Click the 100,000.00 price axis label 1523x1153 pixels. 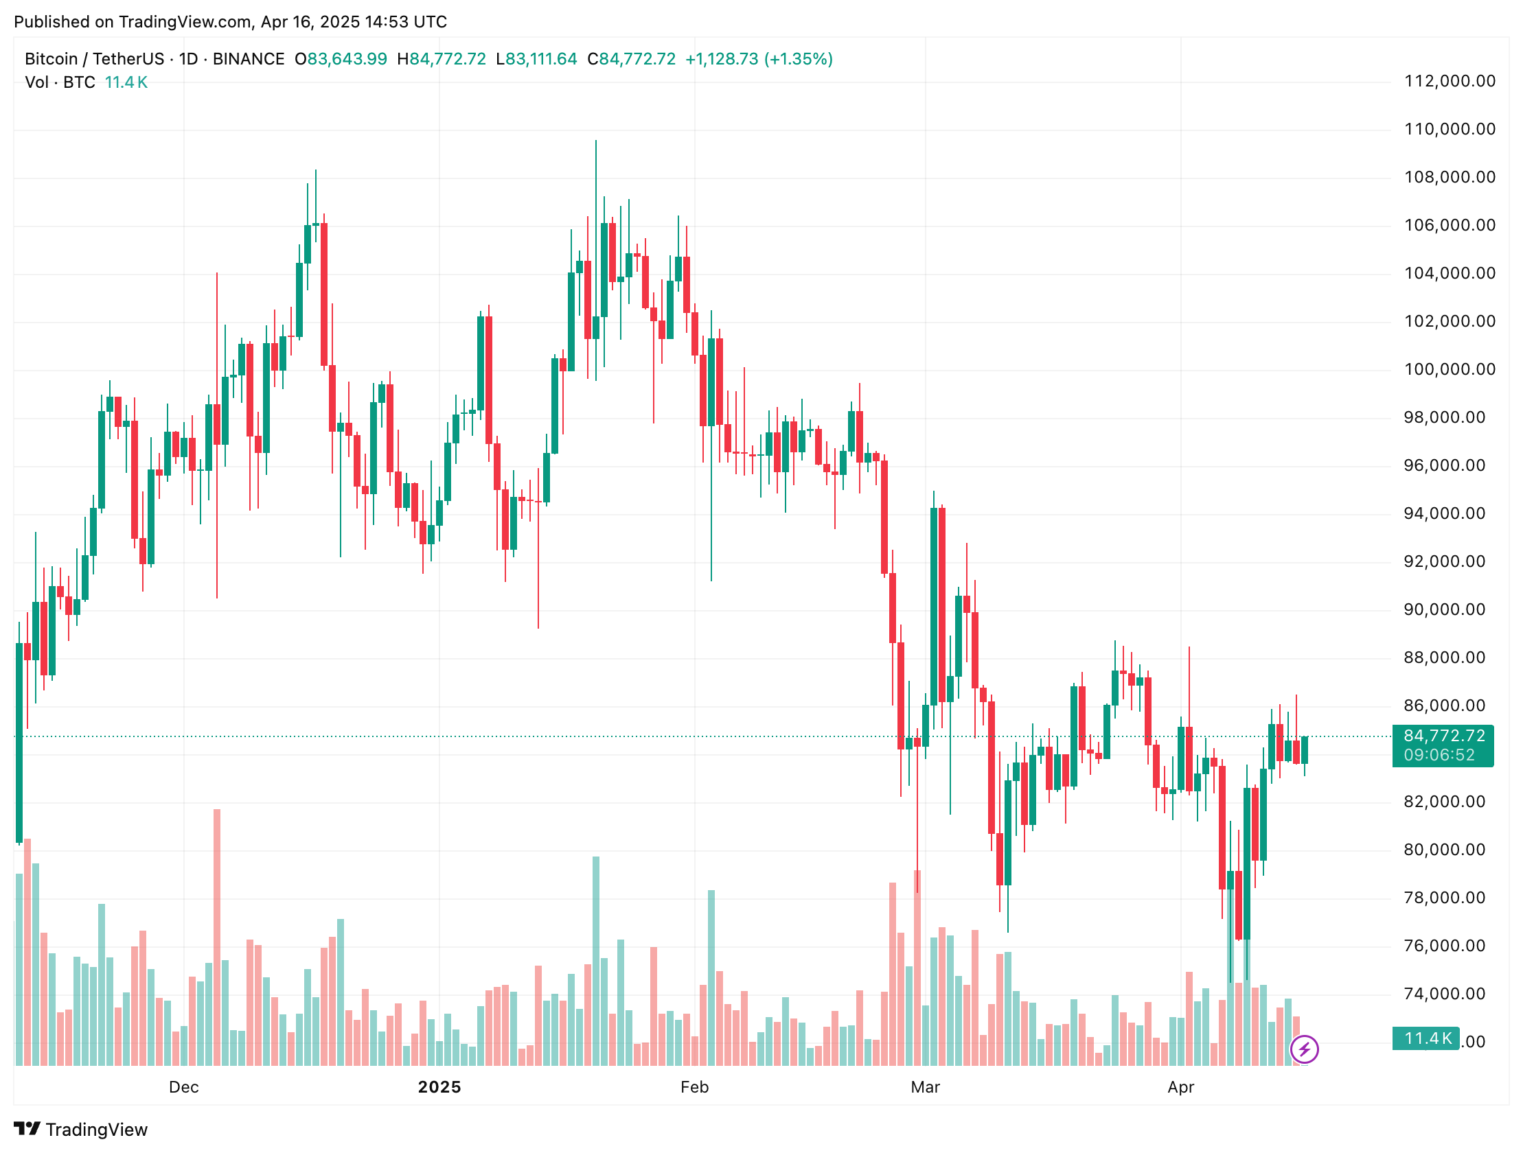tap(1450, 370)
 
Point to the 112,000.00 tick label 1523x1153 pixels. tap(1450, 81)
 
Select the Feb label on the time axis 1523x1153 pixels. tap(694, 1088)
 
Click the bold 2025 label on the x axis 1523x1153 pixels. tap(439, 1088)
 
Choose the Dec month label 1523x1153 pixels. tap(184, 1088)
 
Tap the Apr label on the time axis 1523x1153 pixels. tap(1181, 1088)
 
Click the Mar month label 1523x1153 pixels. tap(926, 1088)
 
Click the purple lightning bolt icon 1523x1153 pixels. tap(1304, 1050)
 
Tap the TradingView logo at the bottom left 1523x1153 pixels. tap(80, 1130)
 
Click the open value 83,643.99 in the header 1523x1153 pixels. tap(347, 59)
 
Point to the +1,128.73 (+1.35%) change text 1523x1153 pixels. tap(759, 59)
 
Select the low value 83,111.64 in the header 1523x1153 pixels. tap(541, 59)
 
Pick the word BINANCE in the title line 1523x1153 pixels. tap(249, 59)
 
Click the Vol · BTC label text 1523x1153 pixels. tap(60, 82)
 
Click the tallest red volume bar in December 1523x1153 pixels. tap(217, 936)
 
